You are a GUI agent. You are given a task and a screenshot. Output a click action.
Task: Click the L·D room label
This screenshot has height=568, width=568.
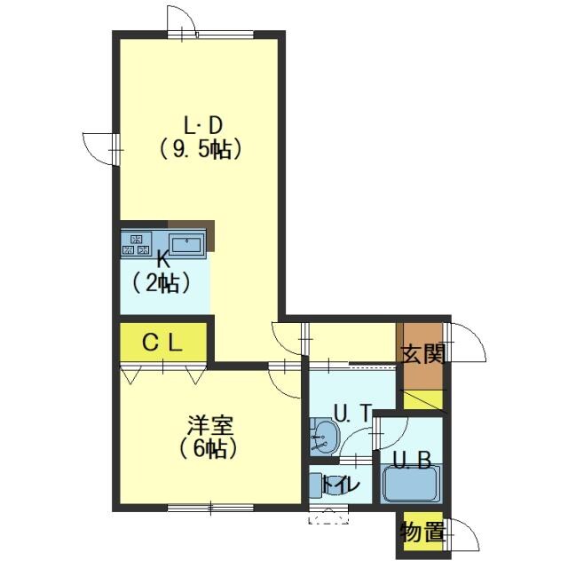[202, 126]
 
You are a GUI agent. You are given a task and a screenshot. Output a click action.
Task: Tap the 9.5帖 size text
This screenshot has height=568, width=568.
[201, 149]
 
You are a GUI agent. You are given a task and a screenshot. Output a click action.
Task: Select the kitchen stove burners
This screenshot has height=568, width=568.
[136, 243]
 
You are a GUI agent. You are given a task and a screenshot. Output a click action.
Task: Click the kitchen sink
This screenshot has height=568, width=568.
[187, 245]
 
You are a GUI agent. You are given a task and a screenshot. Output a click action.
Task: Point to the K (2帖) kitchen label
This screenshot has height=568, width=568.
[162, 272]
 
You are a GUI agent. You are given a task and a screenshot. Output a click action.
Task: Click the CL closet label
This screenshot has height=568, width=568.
[162, 343]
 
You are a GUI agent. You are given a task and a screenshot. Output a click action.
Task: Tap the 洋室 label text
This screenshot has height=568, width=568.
[210, 426]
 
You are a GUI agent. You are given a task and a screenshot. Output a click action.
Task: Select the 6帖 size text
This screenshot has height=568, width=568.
[209, 449]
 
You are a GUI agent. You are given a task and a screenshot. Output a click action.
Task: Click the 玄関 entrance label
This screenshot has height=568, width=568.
[422, 353]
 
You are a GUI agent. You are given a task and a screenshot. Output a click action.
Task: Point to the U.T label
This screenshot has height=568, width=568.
[352, 413]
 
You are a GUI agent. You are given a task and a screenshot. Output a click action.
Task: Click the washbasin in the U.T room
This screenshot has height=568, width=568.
[325, 438]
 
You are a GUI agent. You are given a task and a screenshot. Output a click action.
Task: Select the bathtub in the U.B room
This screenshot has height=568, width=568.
[410, 484]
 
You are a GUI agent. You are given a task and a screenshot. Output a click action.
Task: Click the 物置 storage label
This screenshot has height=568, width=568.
[422, 532]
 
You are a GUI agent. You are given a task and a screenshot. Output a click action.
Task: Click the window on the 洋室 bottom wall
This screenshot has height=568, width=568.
[211, 509]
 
